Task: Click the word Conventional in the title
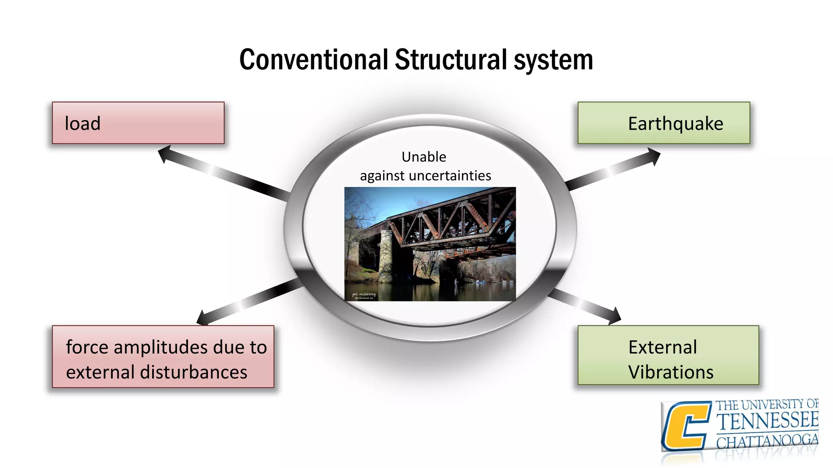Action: pos(313,60)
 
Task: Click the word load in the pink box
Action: pos(83,123)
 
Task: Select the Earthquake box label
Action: pos(675,123)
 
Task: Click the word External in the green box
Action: pos(663,347)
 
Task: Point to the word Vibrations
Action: pos(671,372)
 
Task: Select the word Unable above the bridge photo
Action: pos(424,157)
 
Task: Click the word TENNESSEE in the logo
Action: pos(767,420)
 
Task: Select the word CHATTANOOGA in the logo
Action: pos(767,441)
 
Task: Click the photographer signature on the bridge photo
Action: pos(364,295)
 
